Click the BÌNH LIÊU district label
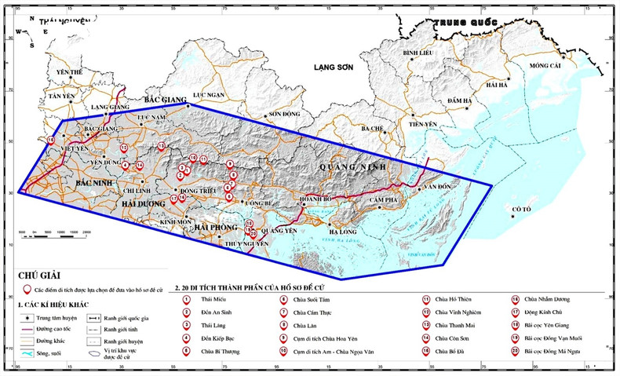[418, 52]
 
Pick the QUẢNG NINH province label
[346, 166]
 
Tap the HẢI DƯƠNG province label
[145, 203]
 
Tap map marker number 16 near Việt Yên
[51, 140]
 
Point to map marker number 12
[123, 148]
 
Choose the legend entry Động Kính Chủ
[545, 312]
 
